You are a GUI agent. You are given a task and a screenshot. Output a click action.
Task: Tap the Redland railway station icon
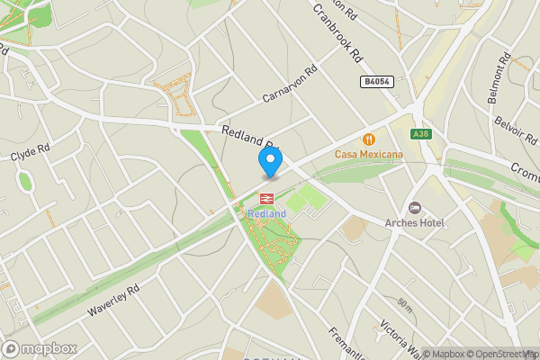click(x=267, y=199)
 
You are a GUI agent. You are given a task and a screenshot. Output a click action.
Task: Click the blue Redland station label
click(x=267, y=213)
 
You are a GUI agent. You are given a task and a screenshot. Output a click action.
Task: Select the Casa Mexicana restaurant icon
click(x=369, y=139)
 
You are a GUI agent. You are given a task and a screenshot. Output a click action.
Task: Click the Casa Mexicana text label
click(x=369, y=155)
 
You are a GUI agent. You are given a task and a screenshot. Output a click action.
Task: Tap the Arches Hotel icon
click(x=414, y=208)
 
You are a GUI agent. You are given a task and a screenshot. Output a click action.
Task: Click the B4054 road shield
click(x=377, y=82)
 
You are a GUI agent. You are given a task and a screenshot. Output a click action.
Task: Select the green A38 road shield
click(x=419, y=134)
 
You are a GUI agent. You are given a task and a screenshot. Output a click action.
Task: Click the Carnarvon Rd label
click(x=290, y=84)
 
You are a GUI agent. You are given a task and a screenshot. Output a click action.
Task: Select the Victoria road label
click(x=399, y=337)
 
